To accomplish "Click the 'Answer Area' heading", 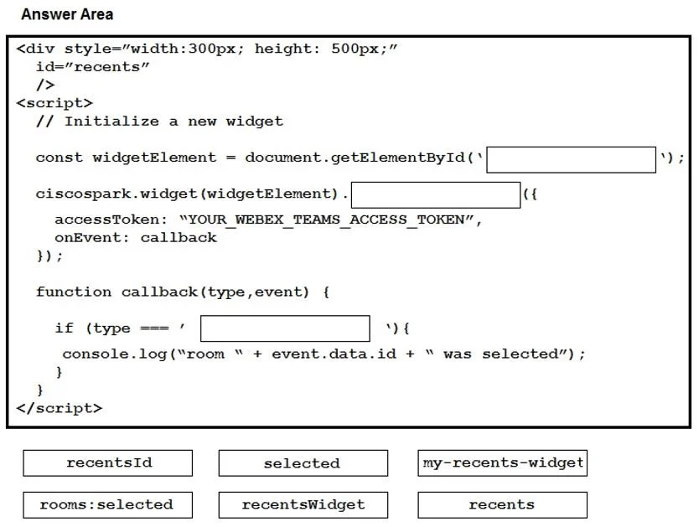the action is (67, 14).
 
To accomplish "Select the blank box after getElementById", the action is (571, 159).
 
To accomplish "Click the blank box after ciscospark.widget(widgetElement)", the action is (436, 194).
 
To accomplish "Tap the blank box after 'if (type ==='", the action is (285, 328).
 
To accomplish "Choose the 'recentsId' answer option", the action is (108, 462).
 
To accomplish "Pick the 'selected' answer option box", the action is (303, 462).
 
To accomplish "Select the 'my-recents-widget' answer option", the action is (502, 462).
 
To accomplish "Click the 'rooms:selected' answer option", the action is (108, 504).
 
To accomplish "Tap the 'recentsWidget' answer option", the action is (303, 504).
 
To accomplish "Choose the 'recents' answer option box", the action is (502, 504).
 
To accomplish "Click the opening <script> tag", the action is (54, 103).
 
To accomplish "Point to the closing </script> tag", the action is (60, 408).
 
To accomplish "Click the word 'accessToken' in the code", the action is (106, 220).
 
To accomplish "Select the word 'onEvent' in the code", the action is (88, 238).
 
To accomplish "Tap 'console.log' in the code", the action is (114, 354).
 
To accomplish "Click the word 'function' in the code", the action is (74, 292).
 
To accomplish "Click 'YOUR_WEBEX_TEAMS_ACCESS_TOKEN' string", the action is (326, 220).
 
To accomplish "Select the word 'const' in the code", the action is (60, 158).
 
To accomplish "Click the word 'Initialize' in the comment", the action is (111, 121).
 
